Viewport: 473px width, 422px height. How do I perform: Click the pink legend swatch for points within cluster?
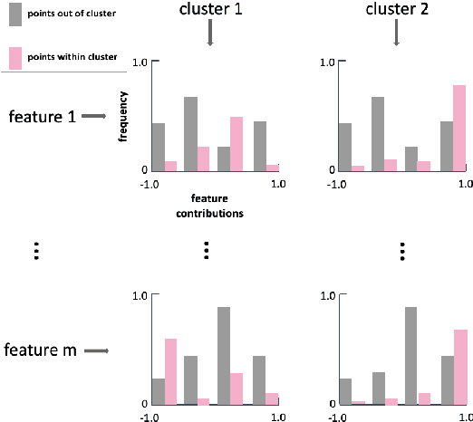click(x=13, y=56)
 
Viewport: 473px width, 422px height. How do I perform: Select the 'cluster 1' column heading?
click(x=209, y=11)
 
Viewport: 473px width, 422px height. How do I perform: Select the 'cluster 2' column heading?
click(x=396, y=11)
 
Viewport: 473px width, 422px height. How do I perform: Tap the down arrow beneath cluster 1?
click(x=209, y=34)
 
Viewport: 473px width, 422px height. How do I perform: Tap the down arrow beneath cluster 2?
click(x=396, y=34)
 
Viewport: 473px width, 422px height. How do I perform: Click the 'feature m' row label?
click(x=39, y=350)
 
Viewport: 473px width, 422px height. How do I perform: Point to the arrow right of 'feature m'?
click(x=97, y=350)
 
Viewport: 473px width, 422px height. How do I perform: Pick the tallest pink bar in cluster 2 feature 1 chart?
click(x=459, y=128)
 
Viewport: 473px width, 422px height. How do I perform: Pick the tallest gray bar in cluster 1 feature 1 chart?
click(x=191, y=134)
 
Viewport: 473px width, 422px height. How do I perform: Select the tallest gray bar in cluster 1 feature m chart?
click(x=223, y=355)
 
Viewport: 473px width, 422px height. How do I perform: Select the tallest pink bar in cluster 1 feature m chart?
click(x=170, y=370)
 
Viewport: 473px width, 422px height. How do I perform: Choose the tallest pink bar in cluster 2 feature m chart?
click(x=460, y=366)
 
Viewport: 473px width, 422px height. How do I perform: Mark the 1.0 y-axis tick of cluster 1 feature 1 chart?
click(x=140, y=62)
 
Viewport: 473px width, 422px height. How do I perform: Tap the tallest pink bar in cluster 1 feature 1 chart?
click(x=236, y=143)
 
